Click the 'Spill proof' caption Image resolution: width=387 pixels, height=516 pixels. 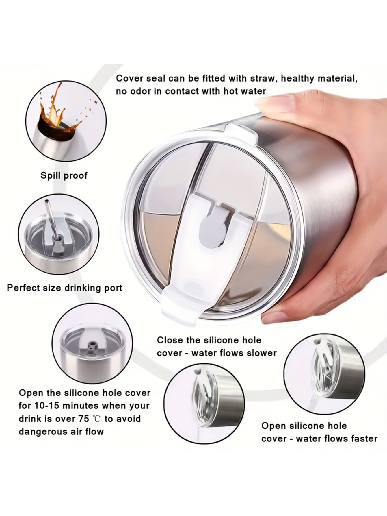(64, 175)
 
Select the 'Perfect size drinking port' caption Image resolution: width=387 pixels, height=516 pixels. (64, 288)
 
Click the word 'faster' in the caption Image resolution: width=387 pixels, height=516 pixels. (364, 439)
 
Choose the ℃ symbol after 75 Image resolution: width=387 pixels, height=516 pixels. (97, 419)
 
